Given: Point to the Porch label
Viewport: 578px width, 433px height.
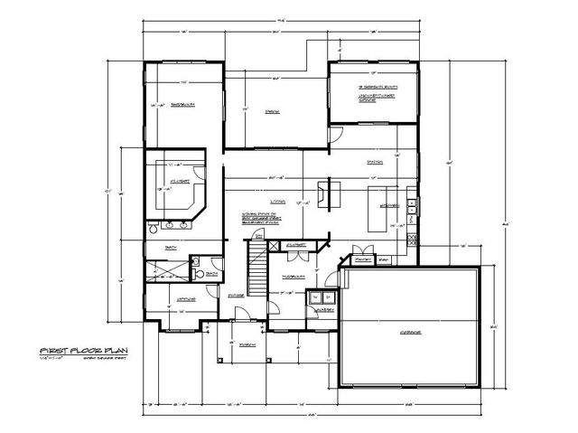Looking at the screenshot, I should tap(247, 344).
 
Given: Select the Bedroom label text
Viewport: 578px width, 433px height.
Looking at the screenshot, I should tap(185, 105).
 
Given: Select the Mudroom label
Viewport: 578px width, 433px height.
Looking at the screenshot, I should tap(291, 277).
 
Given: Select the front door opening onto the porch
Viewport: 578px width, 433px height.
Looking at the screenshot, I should tap(242, 315).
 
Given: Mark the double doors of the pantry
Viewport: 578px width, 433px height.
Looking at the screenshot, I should tap(365, 249).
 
